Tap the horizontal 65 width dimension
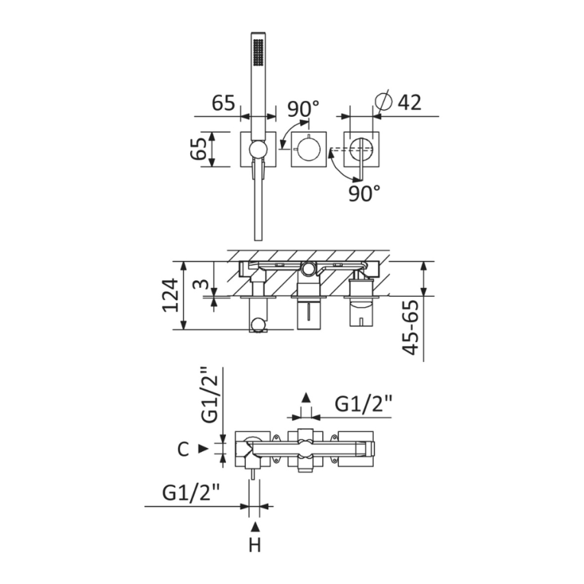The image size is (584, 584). tap(223, 102)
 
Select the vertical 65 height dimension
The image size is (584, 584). tap(198, 148)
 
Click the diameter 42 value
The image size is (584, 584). tap(409, 102)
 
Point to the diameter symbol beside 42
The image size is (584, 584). tap(383, 100)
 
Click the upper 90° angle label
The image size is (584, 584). tap(303, 109)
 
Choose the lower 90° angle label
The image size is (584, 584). tap(364, 193)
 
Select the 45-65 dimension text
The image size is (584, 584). tap(410, 327)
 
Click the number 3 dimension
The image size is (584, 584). tap(201, 284)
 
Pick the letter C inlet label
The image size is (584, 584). tap(183, 449)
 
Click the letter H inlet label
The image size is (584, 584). tap(255, 546)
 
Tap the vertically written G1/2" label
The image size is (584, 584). tap(210, 395)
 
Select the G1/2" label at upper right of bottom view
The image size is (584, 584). tap(363, 404)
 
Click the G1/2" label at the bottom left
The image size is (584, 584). tap(191, 493)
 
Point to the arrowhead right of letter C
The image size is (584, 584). tap(203, 449)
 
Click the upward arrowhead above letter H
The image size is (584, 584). tap(255, 527)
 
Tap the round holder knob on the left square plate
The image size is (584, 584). tap(258, 150)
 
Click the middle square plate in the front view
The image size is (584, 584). tap(308, 149)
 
